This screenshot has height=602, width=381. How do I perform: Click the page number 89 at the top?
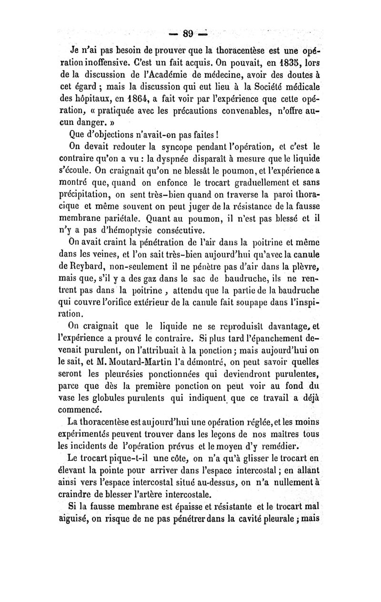(189, 34)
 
